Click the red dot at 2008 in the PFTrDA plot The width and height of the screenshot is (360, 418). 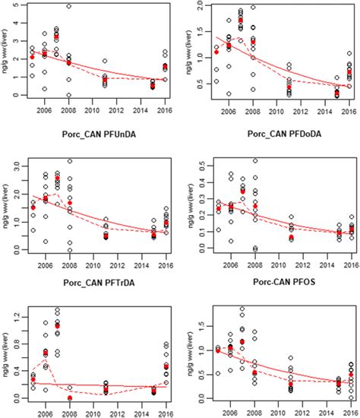coord(70,397)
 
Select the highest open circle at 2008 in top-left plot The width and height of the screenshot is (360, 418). coord(68,6)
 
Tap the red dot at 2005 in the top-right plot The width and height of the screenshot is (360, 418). coord(216,52)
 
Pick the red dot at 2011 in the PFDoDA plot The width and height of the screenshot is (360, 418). coord(289,238)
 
